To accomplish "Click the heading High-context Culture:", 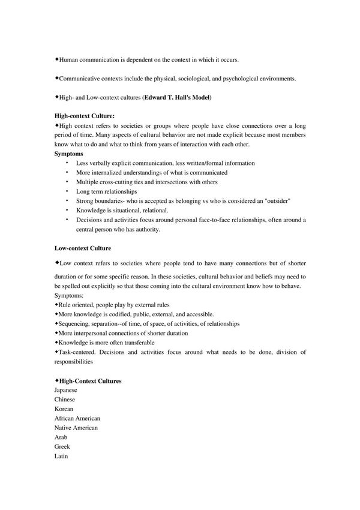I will coord(84,115).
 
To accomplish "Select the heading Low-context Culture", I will coord(82,247).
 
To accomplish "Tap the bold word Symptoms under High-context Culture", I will coord(69,154).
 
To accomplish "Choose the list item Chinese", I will coord(65,400).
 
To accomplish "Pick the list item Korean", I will coord(64,409).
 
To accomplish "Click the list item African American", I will coord(77,418).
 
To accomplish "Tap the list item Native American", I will coord(76,428).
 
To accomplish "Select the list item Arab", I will coord(61,437).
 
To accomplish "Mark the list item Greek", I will coord(62,447).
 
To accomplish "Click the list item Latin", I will coord(61,457).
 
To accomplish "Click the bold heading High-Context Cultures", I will coord(90,380).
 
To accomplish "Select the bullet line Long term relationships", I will coord(107,191).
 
